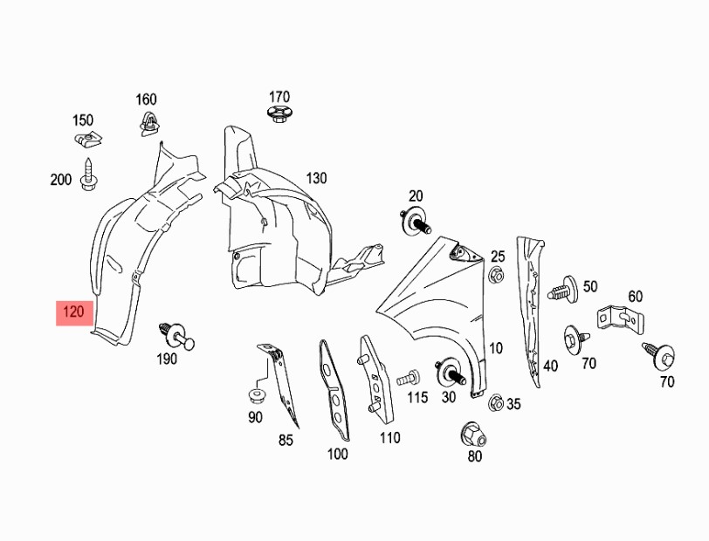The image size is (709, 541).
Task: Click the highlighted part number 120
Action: coord(73,312)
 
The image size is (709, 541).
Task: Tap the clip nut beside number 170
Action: coord(278,113)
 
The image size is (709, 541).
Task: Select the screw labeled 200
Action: coord(87,174)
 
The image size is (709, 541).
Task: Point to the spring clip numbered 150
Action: coord(87,140)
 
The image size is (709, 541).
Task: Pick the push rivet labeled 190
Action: coord(176,335)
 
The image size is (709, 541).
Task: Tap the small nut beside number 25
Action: coord(496,274)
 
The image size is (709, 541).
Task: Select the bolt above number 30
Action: coord(450,372)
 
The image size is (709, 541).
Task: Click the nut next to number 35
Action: coord(496,401)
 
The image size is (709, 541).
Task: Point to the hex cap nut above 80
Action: coord(473,435)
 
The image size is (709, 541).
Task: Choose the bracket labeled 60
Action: coord(620,318)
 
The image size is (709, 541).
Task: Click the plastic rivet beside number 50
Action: coord(563,289)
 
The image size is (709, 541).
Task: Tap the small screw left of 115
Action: coord(409,378)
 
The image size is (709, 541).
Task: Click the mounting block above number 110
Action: coord(375,380)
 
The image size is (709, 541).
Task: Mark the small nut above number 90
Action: coord(257,396)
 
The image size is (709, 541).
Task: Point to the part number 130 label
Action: coord(316,179)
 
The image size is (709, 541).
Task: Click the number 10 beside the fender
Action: coord(496,348)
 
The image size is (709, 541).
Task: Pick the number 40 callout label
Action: coord(550,366)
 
